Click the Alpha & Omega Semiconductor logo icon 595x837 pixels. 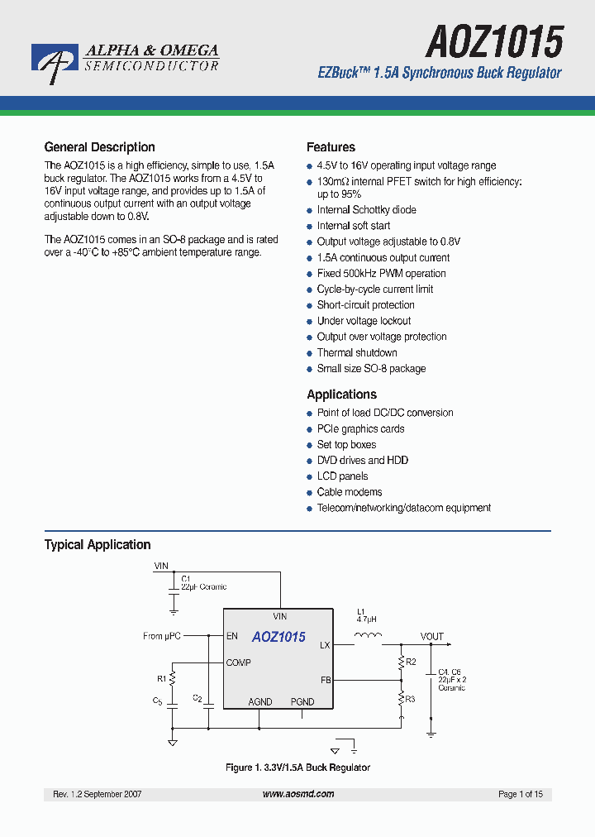[55, 62]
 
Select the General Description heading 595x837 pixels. [99, 147]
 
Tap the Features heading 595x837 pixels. [331, 147]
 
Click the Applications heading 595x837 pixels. [341, 395]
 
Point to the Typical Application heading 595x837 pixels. [97, 545]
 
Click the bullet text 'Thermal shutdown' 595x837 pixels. [357, 353]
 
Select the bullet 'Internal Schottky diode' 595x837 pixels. [366, 210]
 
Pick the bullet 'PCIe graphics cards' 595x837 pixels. [360, 429]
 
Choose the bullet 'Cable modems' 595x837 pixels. [350, 492]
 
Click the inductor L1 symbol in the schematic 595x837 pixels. [367, 636]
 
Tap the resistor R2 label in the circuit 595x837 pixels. [411, 662]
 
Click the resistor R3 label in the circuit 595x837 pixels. [411, 699]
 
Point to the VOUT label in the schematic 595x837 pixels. [431, 637]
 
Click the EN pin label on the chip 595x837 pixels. [232, 637]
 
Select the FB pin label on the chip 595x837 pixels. [326, 680]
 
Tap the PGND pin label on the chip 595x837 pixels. [302, 701]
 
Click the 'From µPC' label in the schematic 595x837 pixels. [161, 636]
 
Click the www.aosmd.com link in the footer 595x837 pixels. [298, 794]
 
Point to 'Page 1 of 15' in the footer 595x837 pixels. [521, 794]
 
